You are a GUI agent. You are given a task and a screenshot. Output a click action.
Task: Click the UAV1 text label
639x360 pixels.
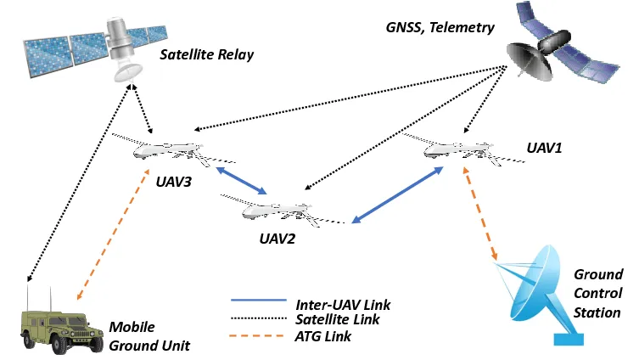point(544,148)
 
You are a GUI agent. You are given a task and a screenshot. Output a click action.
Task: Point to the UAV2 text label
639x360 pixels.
point(277,239)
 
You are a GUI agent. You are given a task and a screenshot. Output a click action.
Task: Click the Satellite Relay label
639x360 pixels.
point(207,56)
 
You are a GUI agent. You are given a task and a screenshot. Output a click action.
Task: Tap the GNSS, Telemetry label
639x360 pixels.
point(439,27)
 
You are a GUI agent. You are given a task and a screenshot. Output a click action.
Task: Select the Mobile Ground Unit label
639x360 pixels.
point(149,336)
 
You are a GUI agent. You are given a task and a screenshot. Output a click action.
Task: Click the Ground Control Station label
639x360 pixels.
point(598,293)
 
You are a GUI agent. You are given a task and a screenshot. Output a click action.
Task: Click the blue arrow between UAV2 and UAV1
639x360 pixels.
point(397,195)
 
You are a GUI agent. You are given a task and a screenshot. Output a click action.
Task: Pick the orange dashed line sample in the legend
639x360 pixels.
point(260,336)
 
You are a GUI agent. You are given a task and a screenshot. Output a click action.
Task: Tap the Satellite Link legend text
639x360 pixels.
point(338,320)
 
